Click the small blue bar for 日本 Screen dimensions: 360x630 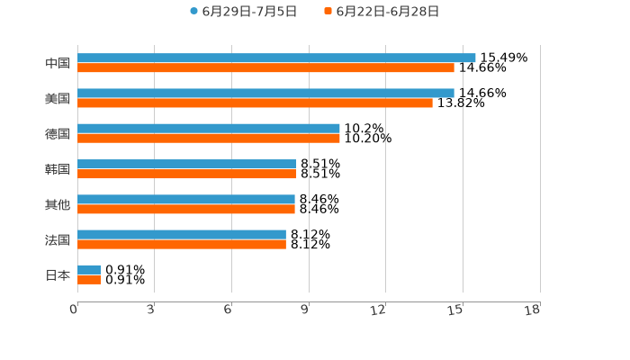coord(89,270)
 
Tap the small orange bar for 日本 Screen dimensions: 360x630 coord(89,280)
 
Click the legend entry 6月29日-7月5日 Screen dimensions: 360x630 coord(243,12)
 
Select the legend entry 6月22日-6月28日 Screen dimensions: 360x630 coord(382,12)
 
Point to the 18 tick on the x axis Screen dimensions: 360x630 coord(532,310)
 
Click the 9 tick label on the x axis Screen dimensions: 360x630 coord(305,310)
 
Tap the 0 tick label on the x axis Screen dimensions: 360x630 coord(74,310)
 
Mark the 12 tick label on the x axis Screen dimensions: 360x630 coord(378,310)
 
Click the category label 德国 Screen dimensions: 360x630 coord(58,133)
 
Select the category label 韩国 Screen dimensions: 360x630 coord(58,169)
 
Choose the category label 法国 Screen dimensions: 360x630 coord(58,239)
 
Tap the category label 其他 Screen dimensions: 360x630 coord(58,204)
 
